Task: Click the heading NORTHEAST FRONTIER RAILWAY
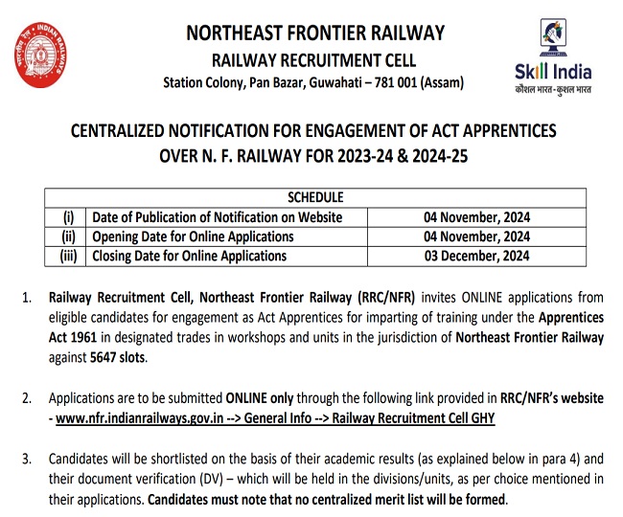[315, 33]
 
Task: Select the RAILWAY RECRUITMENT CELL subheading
[315, 59]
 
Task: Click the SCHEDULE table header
[315, 198]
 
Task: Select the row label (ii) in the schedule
[68, 236]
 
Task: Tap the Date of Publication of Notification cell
[217, 217]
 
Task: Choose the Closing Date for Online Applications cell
[190, 256]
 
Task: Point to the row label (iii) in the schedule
[68, 256]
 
